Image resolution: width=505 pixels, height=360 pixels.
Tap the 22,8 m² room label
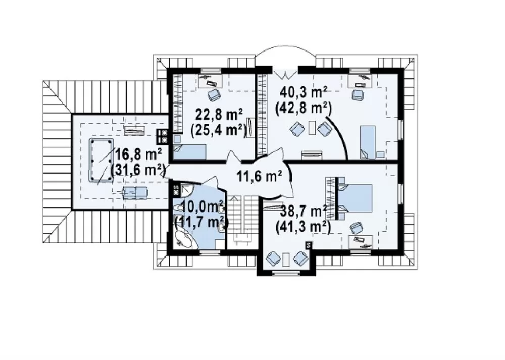pyautogui.click(x=219, y=115)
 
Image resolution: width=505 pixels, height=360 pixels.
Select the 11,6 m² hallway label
pyautogui.click(x=260, y=176)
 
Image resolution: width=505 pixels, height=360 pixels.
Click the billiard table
pyautogui.click(x=101, y=160)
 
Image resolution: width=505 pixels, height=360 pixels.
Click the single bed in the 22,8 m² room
pyautogui.click(x=189, y=151)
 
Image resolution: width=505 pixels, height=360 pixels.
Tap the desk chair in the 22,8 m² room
pyautogui.click(x=214, y=95)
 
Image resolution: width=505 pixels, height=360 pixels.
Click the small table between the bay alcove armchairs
pyautogui.click(x=285, y=260)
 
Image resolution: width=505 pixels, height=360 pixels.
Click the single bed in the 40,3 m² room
pyautogui.click(x=368, y=142)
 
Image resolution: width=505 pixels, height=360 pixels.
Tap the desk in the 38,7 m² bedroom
pyautogui.click(x=361, y=241)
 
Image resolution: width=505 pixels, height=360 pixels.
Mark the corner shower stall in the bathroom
pyautogui.click(x=186, y=191)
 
